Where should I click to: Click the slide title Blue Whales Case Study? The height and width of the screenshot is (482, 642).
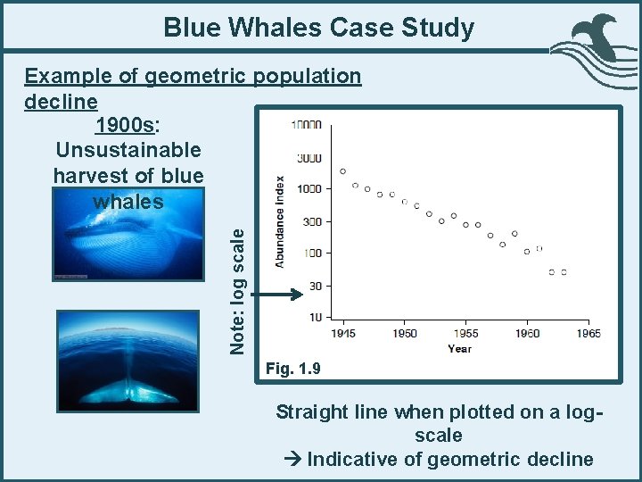[x=319, y=28]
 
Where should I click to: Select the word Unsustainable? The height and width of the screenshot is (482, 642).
[x=128, y=149]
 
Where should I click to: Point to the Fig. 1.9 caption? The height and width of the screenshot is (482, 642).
[x=292, y=368]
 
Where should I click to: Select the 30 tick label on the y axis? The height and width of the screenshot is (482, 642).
[x=314, y=286]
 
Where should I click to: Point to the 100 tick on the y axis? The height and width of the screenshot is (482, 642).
[x=311, y=253]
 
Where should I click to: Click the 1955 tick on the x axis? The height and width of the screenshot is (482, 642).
[x=465, y=333]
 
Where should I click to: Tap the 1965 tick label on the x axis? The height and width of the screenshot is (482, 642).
[x=588, y=333]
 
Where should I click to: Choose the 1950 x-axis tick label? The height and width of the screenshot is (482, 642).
[x=404, y=333]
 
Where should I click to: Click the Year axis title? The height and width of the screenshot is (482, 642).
[x=460, y=349]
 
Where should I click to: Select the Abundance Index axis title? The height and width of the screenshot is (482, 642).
[x=280, y=221]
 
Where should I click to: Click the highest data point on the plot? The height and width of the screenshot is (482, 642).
[x=343, y=171]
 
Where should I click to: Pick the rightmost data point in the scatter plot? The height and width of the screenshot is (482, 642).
[x=564, y=272]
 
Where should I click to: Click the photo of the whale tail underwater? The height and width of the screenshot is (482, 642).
[x=127, y=360]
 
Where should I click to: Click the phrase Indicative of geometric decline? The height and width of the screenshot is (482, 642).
[x=449, y=459]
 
